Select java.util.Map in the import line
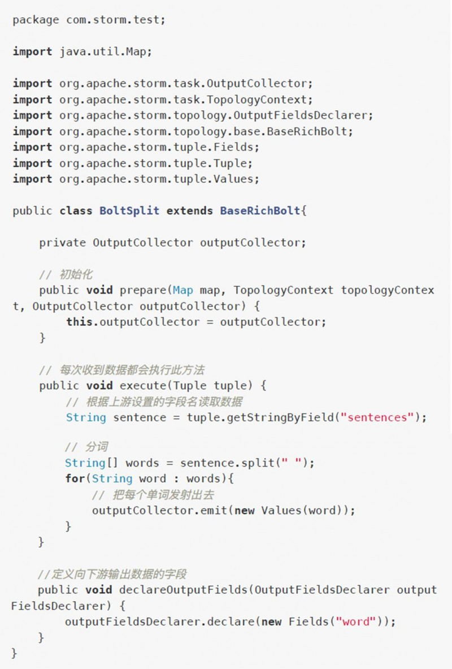coord(106,51)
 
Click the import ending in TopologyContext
coord(186,100)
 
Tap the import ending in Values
coord(159,179)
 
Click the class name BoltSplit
coord(129,211)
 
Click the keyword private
coord(62,243)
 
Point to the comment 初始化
coord(76,275)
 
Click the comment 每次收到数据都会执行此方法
coord(132,370)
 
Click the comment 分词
coord(96,447)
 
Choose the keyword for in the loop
coord(75,478)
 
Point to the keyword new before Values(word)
coord(244,510)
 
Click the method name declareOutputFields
coord(184,590)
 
